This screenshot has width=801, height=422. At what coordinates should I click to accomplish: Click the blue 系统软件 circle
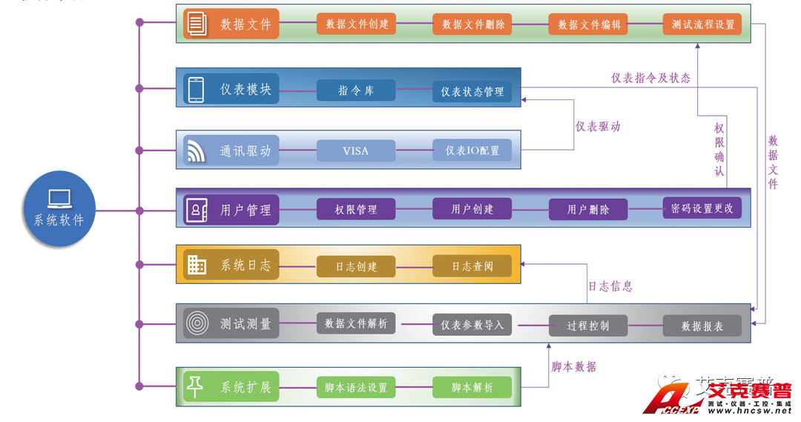tap(59, 210)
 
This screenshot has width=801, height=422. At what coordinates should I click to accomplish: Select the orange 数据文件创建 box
tap(357, 24)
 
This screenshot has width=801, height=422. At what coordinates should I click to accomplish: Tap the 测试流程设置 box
tap(702, 24)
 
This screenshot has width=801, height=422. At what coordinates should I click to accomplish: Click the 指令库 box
tap(356, 90)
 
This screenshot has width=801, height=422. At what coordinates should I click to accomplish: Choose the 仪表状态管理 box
tap(472, 91)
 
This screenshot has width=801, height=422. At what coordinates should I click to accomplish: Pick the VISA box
tap(356, 151)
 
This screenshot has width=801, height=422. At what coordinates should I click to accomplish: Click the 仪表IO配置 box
tap(472, 151)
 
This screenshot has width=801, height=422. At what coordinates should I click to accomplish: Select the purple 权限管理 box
tap(356, 210)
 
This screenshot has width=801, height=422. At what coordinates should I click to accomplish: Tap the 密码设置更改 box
tap(702, 208)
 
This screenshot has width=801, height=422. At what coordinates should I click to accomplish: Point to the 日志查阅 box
tap(472, 266)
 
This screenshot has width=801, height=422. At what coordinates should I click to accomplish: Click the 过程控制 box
tap(588, 325)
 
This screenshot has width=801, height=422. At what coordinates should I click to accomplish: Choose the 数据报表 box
tap(702, 325)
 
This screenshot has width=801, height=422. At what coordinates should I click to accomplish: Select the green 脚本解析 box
tap(472, 386)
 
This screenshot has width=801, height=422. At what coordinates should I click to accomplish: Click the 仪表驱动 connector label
tap(598, 127)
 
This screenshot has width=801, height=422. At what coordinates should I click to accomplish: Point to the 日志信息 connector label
tap(610, 286)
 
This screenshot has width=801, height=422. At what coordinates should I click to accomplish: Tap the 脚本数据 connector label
tap(573, 366)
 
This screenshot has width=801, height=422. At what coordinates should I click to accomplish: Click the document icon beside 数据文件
tap(197, 24)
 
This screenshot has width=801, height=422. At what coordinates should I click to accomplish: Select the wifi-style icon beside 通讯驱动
tap(196, 151)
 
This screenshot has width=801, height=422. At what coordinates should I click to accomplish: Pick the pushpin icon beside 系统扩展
tap(196, 386)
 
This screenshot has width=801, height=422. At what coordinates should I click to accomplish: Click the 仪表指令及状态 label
tap(650, 78)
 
